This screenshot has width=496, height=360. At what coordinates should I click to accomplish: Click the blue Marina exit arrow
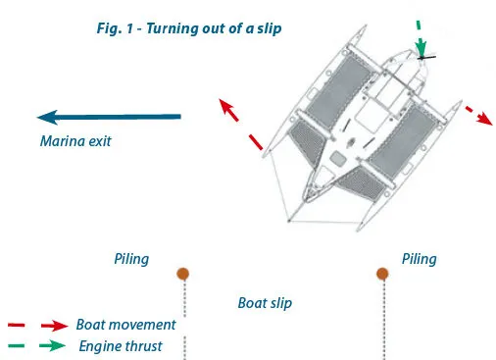109,117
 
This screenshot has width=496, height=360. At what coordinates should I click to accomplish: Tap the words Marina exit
75,141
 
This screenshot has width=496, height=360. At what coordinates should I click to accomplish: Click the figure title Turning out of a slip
214,28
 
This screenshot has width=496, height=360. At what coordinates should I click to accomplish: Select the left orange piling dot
183,274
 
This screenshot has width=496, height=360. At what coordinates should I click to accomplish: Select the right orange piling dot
382,274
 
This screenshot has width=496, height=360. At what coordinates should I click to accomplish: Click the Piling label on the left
131,259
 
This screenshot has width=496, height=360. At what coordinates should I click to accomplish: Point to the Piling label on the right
420,259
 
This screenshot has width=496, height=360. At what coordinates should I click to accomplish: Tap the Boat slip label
265,303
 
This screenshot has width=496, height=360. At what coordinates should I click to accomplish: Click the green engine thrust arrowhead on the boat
422,48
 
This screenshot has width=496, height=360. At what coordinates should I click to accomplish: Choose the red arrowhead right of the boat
484,119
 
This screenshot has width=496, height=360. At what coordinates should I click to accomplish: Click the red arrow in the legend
55,326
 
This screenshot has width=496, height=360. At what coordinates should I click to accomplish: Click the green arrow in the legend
52,345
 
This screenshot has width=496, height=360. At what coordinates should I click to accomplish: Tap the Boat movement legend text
125,325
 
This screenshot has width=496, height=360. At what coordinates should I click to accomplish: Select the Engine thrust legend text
121,346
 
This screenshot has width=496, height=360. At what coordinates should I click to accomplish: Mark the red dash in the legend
17,325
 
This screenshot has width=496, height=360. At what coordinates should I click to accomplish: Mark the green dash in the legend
16,345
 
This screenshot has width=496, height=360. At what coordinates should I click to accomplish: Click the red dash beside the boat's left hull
256,142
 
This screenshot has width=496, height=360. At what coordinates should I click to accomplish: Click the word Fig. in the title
109,28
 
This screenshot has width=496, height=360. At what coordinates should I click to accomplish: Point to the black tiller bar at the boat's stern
426,58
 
